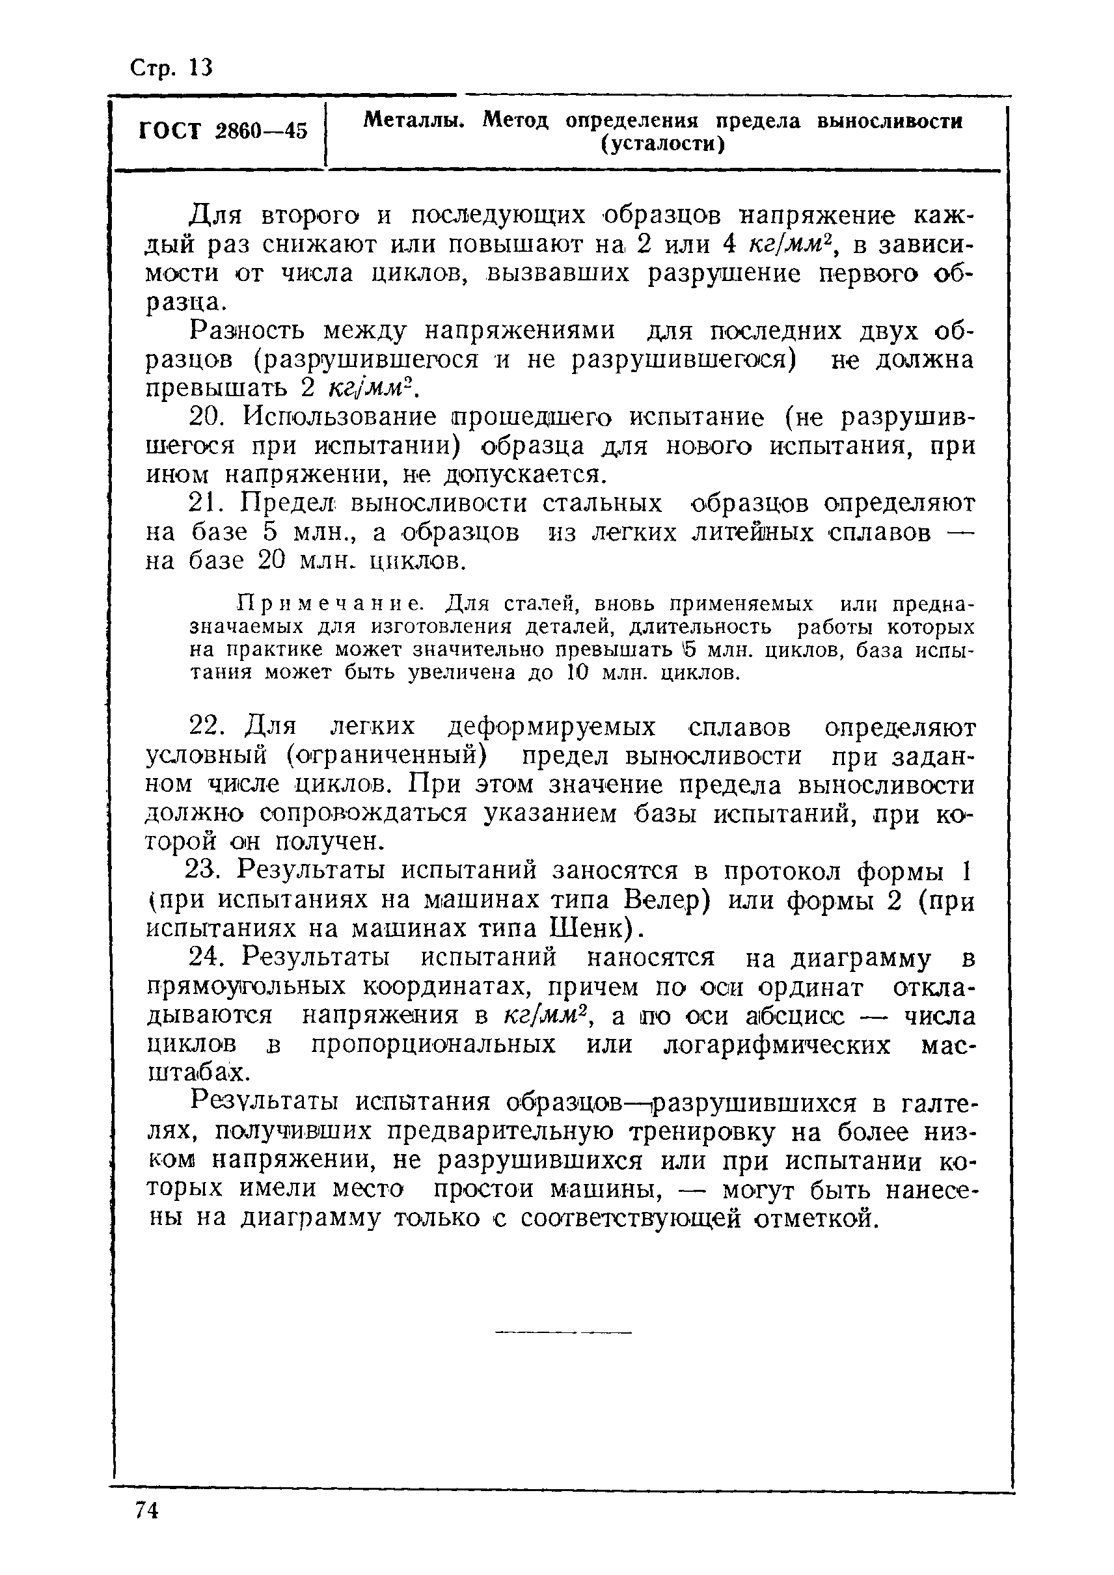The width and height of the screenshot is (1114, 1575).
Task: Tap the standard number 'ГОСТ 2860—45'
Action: pos(223,130)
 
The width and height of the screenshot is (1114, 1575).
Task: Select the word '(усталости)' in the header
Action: pos(662,144)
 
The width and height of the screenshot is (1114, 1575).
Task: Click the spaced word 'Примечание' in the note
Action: pos(329,604)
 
